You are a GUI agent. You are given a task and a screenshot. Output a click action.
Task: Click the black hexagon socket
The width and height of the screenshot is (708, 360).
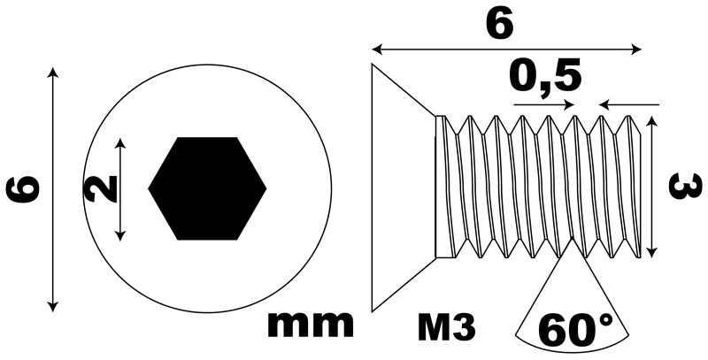tap(207, 188)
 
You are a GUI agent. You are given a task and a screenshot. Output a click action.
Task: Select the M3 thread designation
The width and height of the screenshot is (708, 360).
tap(447, 327)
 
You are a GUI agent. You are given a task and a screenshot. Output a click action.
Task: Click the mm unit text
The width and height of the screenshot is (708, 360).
tap(311, 324)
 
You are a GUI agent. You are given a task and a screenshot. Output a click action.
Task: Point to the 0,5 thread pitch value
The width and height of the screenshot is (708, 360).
tap(545, 78)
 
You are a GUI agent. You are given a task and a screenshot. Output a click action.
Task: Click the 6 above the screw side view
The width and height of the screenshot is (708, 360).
tap(500, 24)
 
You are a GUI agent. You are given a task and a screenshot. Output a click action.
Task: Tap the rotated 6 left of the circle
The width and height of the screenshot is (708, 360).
tap(23, 190)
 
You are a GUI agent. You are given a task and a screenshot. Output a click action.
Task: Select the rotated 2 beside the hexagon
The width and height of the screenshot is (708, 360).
tap(100, 188)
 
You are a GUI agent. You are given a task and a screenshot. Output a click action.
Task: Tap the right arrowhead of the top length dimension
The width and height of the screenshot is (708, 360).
tap(636, 50)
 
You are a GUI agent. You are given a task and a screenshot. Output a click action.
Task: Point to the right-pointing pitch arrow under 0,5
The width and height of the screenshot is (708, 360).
tap(544, 104)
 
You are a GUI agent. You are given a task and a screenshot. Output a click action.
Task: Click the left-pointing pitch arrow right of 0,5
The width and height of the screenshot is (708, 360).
tap(629, 104)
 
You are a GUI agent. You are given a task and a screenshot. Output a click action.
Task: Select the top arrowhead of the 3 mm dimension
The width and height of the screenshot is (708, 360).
tap(650, 121)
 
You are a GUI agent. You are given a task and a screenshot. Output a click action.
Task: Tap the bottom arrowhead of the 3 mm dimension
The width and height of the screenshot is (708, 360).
tap(650, 252)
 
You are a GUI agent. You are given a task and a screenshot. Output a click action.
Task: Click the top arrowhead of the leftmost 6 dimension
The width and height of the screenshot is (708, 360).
tap(53, 73)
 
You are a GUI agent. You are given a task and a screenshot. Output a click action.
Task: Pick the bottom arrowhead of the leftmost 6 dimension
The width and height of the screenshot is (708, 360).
tap(53, 306)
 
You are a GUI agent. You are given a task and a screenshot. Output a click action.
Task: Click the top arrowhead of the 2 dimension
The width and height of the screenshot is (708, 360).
tap(119, 144)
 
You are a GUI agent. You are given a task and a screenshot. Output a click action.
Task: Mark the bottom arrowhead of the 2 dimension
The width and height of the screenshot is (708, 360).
tap(119, 234)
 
